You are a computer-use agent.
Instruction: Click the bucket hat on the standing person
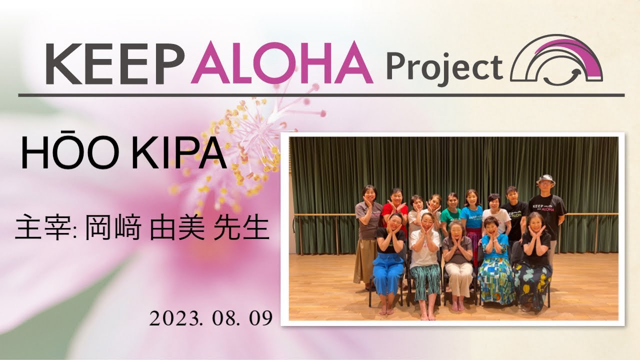pyautogui.click(x=545, y=179)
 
